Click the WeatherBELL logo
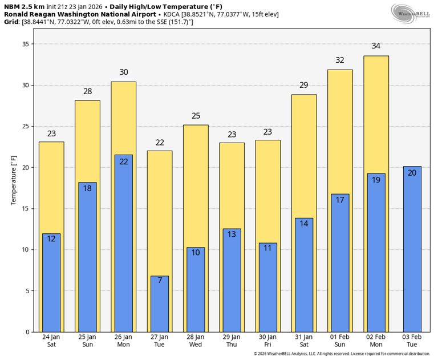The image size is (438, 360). click(x=411, y=14)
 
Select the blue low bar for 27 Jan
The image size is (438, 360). click(x=160, y=304)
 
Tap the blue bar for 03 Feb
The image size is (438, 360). click(x=412, y=249)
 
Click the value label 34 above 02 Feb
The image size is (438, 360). click(x=376, y=46)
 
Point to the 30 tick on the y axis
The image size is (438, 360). click(x=25, y=86)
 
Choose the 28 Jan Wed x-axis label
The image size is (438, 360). click(x=196, y=341)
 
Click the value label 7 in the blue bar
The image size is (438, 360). click(x=160, y=280)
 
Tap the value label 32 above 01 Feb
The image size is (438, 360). click(x=340, y=60)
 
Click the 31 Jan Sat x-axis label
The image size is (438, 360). click(x=304, y=341)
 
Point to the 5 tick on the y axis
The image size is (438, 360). click(x=27, y=291)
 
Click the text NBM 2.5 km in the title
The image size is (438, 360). click(x=24, y=6)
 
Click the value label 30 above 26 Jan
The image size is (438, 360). click(x=124, y=72)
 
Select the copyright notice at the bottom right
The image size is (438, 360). click(x=342, y=354)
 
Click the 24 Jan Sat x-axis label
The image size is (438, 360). click(x=51, y=341)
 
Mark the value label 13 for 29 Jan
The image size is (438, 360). click(x=232, y=234)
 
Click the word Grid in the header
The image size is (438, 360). click(x=11, y=22)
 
